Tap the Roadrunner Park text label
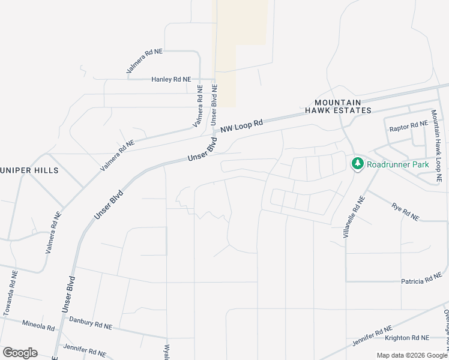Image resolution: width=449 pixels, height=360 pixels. (394, 163)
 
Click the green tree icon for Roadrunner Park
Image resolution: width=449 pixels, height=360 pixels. (357, 163)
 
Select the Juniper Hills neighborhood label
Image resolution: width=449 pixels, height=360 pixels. (28, 170)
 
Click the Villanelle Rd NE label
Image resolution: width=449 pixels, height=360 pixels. (354, 217)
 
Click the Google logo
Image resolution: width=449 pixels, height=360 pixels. (20, 353)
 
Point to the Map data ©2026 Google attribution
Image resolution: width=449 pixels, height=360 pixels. (411, 355)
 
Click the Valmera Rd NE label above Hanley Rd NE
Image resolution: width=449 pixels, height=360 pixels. (145, 62)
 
